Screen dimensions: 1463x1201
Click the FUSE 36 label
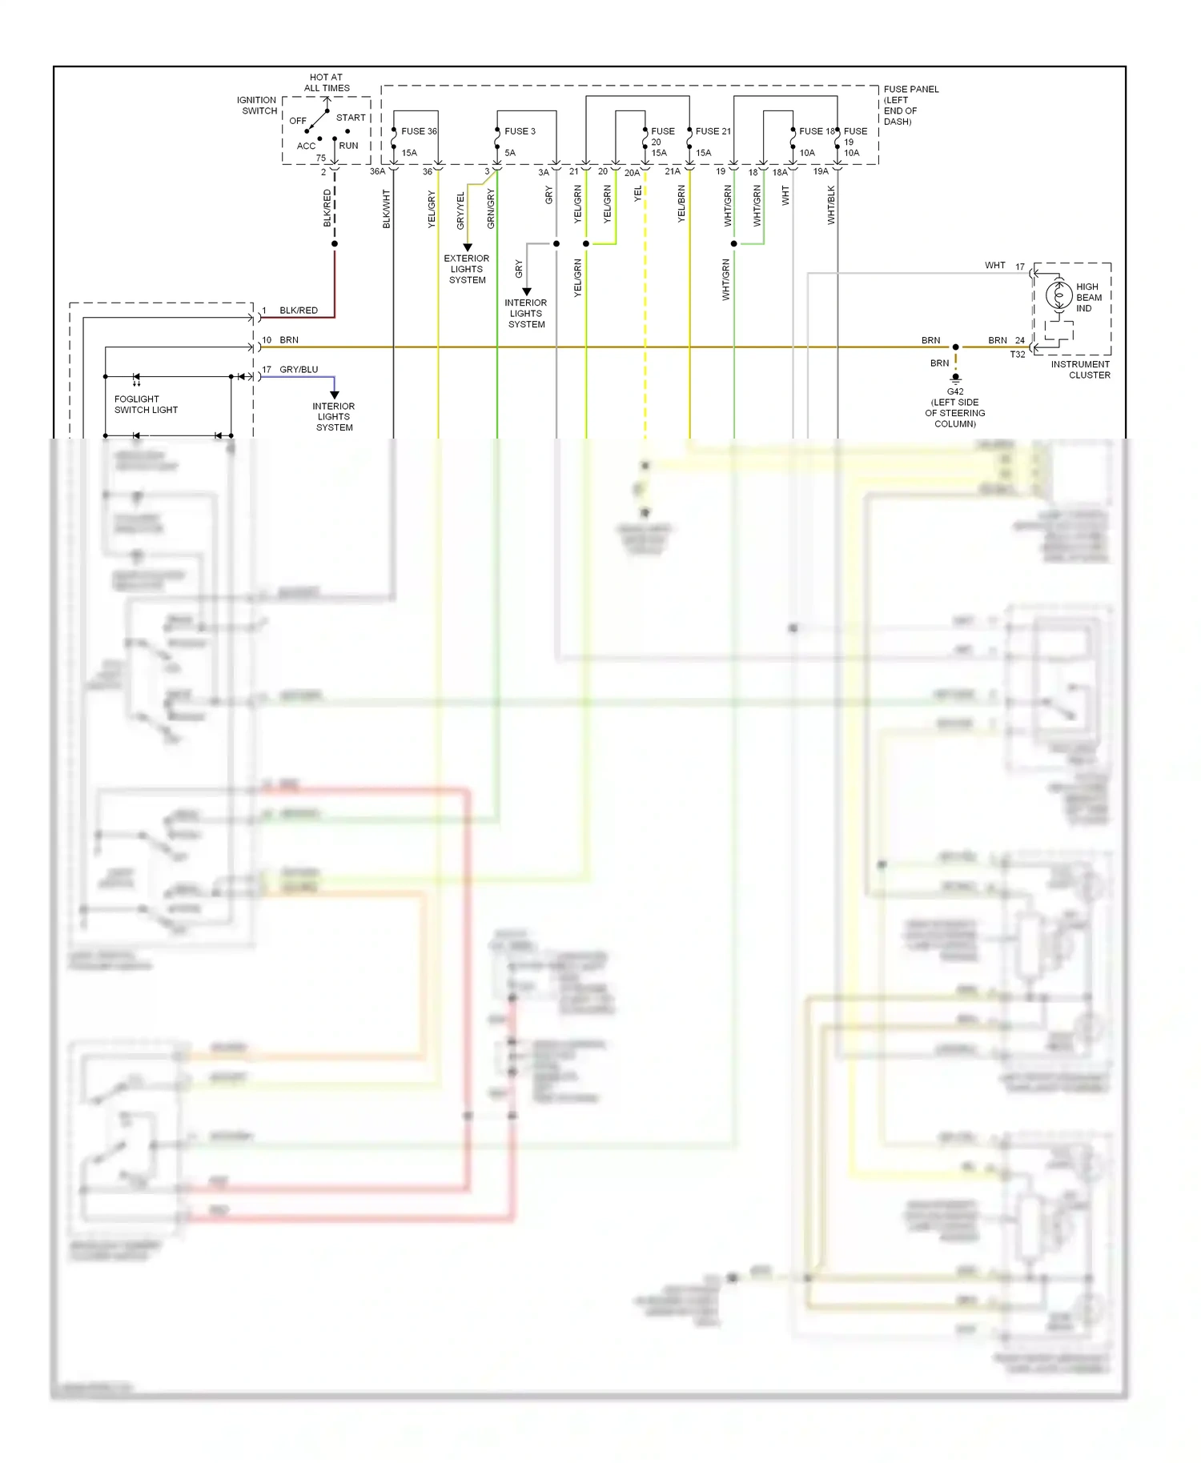[x=419, y=131]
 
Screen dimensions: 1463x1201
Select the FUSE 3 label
[x=520, y=131]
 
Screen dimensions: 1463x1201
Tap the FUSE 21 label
[x=713, y=131]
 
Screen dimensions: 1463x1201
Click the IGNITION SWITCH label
[x=257, y=106]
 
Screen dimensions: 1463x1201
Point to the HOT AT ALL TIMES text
[x=327, y=83]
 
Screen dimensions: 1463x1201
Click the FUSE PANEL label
[x=910, y=105]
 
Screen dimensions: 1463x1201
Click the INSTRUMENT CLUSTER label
[x=1081, y=370]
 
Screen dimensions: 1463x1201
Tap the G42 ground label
[x=955, y=392]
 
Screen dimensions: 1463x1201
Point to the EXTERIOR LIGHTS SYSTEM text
[x=467, y=270]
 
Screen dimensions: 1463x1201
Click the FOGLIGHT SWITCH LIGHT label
[x=146, y=404]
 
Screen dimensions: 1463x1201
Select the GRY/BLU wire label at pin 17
[x=299, y=370]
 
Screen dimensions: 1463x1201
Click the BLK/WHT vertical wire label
[x=387, y=209]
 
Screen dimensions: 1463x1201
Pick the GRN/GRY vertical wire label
[x=491, y=209]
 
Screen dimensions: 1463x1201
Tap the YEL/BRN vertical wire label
[x=682, y=204]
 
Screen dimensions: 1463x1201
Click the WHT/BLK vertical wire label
[x=831, y=205]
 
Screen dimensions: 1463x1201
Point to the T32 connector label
[x=1017, y=355]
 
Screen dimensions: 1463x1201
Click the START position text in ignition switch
[x=351, y=118]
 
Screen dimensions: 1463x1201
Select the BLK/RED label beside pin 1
[x=299, y=311]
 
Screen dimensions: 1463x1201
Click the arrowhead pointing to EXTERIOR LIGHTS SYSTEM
[x=468, y=247]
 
